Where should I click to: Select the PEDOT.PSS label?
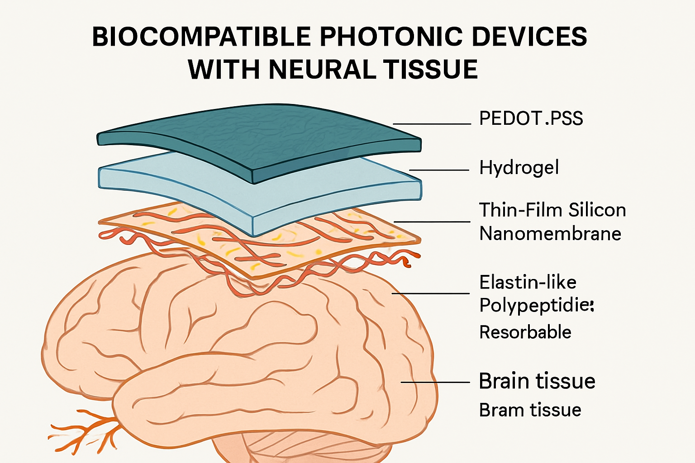pos(531,118)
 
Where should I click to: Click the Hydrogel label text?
pos(519,168)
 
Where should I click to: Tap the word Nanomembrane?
pos(550,234)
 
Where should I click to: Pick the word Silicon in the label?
pos(597,210)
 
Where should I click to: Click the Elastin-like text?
pos(528,283)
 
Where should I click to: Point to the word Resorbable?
pos(525,332)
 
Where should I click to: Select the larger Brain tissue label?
pos(537,381)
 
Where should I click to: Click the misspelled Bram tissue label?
pos(530,410)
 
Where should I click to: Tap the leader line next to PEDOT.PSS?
pos(432,123)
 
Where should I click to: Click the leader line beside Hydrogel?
pos(439,170)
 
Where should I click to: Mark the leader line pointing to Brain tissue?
pos(435,382)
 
